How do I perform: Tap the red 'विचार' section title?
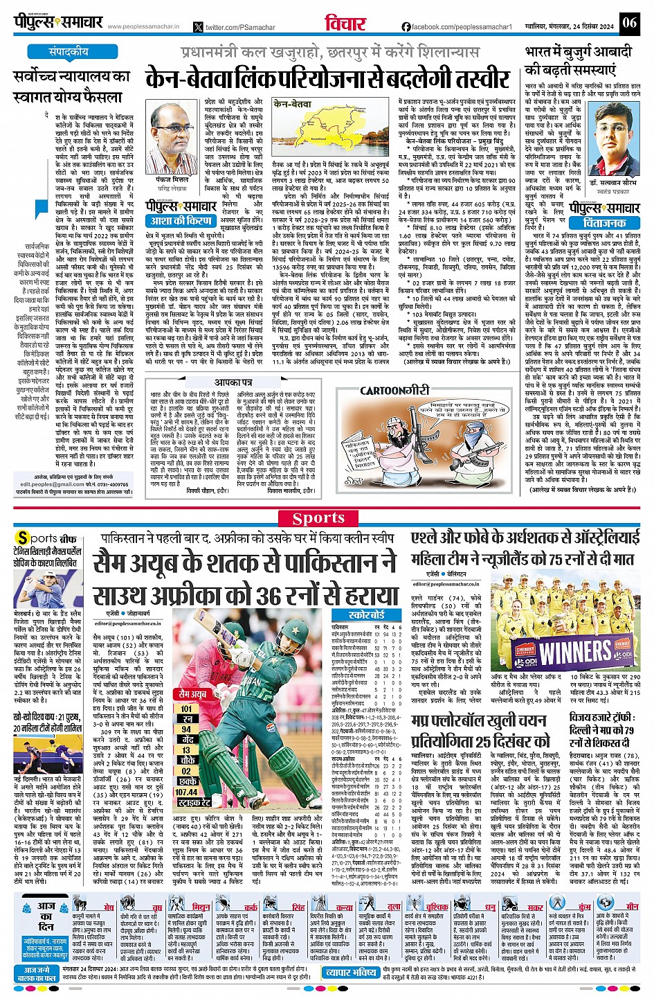tap(345, 23)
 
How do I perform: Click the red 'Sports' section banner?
tap(319, 518)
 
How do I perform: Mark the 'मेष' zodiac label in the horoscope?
tap(109, 907)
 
